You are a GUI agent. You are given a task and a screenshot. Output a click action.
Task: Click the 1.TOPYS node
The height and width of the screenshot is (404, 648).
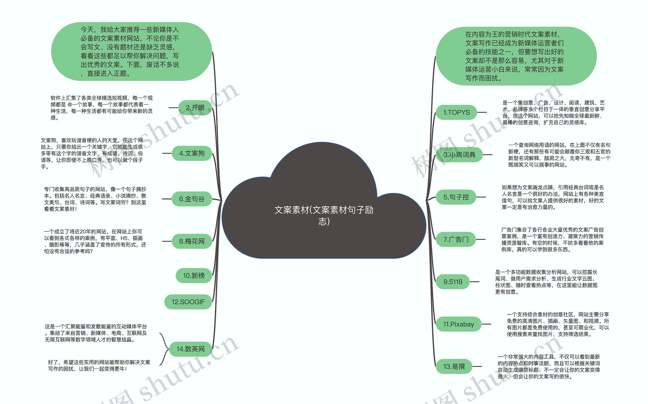(x=456, y=112)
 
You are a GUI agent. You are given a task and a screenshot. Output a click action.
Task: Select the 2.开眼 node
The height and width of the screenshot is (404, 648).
(x=195, y=108)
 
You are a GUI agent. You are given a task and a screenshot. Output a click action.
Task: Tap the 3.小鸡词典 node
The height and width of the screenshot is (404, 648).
(x=459, y=155)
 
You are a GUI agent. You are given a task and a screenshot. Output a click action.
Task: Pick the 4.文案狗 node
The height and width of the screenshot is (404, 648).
(x=192, y=153)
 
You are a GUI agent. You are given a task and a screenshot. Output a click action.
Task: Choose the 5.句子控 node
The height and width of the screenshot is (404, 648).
(x=456, y=197)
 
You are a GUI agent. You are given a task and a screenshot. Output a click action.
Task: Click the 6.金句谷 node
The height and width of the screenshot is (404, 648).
(x=192, y=199)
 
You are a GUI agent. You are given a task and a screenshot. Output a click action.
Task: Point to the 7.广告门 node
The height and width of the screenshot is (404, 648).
(x=456, y=239)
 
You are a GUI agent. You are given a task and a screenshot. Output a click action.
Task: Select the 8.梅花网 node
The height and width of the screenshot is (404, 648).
(x=192, y=241)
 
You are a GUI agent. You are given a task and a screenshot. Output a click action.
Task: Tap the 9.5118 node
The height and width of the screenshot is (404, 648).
(x=453, y=282)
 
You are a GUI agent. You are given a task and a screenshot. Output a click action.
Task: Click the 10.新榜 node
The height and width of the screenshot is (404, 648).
(x=194, y=275)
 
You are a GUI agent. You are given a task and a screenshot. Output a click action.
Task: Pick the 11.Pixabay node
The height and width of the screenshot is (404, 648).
(x=458, y=324)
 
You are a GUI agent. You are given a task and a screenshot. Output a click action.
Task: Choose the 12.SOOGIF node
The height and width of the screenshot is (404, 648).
(x=188, y=302)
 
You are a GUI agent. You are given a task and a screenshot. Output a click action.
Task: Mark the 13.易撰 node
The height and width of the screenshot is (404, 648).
(x=454, y=366)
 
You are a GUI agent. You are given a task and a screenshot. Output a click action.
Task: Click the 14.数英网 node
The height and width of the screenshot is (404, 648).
(x=190, y=349)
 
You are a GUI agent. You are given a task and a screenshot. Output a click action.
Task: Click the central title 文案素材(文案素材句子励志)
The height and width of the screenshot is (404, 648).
(x=324, y=215)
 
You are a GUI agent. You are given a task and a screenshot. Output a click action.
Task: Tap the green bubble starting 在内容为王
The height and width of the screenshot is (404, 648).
(x=516, y=56)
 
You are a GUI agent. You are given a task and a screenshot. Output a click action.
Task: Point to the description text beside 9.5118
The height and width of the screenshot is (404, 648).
(x=546, y=282)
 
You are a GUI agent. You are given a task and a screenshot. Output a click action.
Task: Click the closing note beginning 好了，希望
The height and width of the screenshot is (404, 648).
(x=99, y=366)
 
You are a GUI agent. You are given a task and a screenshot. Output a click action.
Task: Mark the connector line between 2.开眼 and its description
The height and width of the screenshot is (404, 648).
(x=173, y=108)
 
